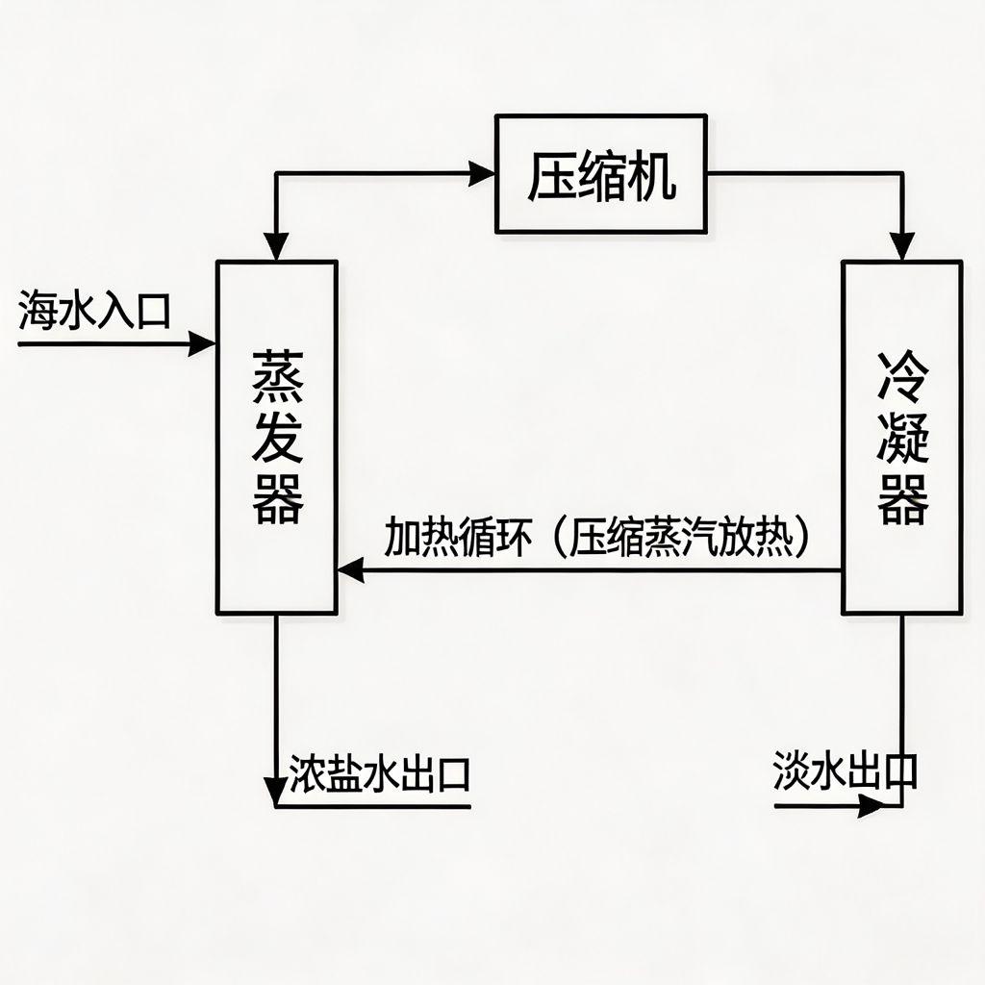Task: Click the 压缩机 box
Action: pos(601,174)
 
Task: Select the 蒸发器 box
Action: pos(277,438)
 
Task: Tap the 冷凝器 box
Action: pos(901,438)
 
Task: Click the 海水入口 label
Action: pos(94,312)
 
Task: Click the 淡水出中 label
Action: pos(845,770)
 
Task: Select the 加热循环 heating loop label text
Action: pos(457,538)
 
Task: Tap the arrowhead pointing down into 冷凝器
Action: pos(901,248)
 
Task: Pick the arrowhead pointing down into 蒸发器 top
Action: pos(277,248)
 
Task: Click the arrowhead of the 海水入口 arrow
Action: pos(203,343)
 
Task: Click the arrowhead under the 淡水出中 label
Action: pos(869,807)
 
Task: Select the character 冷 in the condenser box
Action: pos(902,378)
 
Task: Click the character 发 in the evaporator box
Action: pos(278,438)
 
